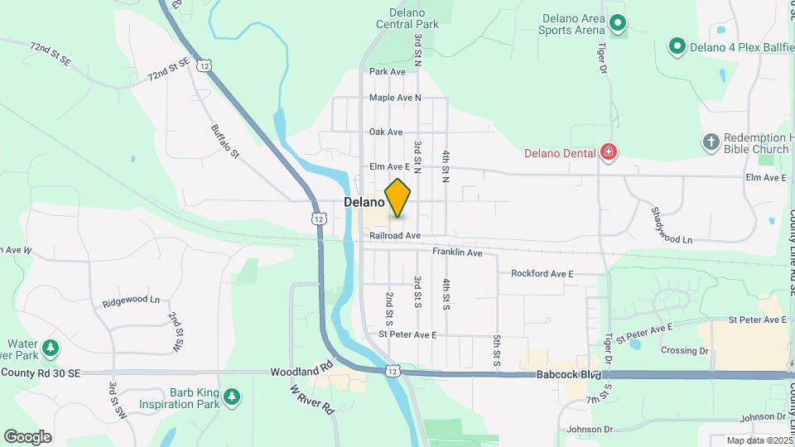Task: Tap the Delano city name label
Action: tap(364, 202)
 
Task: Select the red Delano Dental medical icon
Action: tap(609, 151)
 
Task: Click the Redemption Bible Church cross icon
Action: tap(710, 142)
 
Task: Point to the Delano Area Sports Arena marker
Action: tap(617, 22)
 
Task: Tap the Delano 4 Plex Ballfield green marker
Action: tap(677, 46)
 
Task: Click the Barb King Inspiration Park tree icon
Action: tap(233, 398)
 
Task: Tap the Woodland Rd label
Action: tap(301, 372)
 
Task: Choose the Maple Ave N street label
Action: tap(395, 98)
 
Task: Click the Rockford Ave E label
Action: tap(542, 273)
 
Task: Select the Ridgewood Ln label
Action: tap(131, 300)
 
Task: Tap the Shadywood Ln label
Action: tap(672, 225)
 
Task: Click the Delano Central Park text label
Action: tap(407, 18)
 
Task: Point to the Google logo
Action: tap(27, 437)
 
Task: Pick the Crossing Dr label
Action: tap(685, 350)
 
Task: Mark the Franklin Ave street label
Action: tap(457, 252)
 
